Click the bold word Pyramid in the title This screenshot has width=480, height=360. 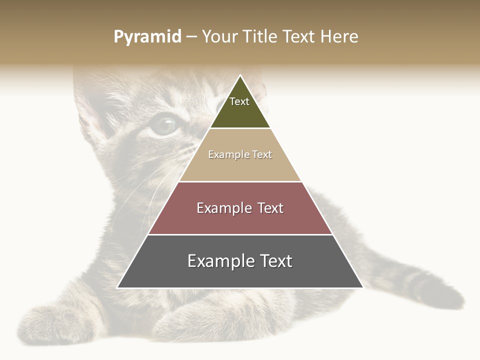[x=147, y=37]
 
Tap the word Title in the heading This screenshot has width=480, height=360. [x=261, y=37]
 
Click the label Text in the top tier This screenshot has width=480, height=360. [x=239, y=101]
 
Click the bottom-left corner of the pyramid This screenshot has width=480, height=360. [x=117, y=287]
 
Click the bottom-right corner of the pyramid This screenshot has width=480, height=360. [x=363, y=287]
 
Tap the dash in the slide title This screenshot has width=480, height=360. [x=191, y=37]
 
